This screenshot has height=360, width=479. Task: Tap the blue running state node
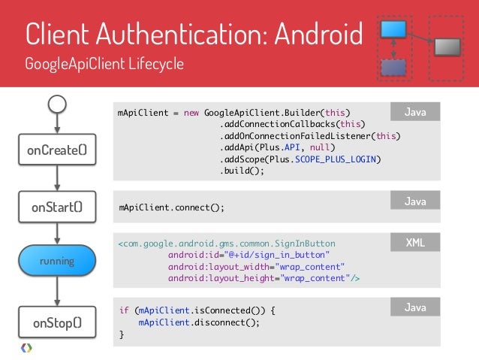click(58, 261)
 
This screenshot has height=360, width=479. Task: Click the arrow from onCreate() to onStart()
click(58, 179)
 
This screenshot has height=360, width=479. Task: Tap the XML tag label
click(415, 243)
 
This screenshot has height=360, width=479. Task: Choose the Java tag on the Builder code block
click(415, 113)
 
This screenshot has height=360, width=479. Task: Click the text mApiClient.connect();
click(172, 207)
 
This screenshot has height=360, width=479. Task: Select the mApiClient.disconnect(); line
click(199, 322)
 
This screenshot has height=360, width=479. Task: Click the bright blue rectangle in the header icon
click(393, 29)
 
